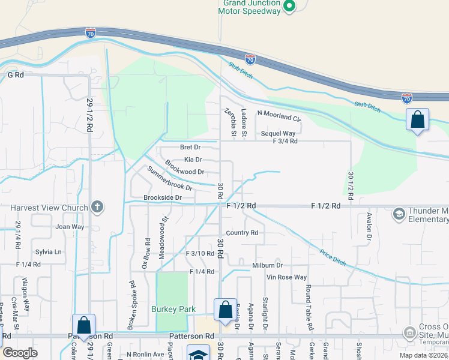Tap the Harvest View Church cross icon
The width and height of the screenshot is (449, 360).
(97, 208)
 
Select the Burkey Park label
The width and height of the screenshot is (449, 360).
(175, 310)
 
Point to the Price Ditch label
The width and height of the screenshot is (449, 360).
(333, 257)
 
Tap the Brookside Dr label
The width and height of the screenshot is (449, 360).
(162, 197)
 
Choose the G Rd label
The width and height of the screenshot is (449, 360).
(15, 75)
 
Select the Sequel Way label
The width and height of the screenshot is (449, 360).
(278, 133)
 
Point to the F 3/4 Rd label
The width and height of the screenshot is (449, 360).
(285, 142)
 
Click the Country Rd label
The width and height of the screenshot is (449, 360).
(242, 233)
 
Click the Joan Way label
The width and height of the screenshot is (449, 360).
(70, 227)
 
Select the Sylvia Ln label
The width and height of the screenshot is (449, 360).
(49, 252)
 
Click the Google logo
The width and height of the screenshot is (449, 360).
(20, 353)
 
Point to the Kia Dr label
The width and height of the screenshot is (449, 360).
(193, 160)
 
